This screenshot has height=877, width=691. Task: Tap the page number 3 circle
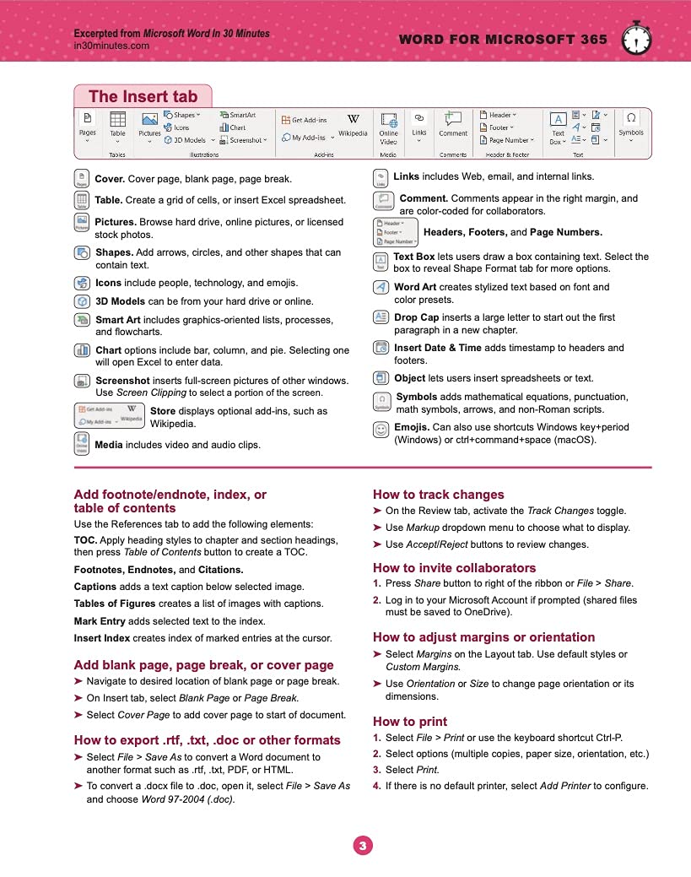tap(362, 845)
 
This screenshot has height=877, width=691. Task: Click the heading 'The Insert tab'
tap(143, 96)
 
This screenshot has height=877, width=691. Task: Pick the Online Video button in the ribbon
tap(388, 128)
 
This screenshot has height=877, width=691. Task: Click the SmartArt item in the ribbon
tap(237, 115)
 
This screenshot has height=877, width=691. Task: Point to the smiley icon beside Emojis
tap(381, 429)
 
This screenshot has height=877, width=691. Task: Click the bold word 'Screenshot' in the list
tap(125, 381)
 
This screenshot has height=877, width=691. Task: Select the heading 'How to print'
tap(410, 722)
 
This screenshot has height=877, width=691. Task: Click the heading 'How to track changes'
tap(438, 495)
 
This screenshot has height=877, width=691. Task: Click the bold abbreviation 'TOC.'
tap(85, 540)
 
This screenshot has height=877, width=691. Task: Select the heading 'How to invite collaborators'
tap(454, 568)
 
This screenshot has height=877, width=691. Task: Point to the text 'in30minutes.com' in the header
tap(111, 46)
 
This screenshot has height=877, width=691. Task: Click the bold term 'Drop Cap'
tap(418, 317)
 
